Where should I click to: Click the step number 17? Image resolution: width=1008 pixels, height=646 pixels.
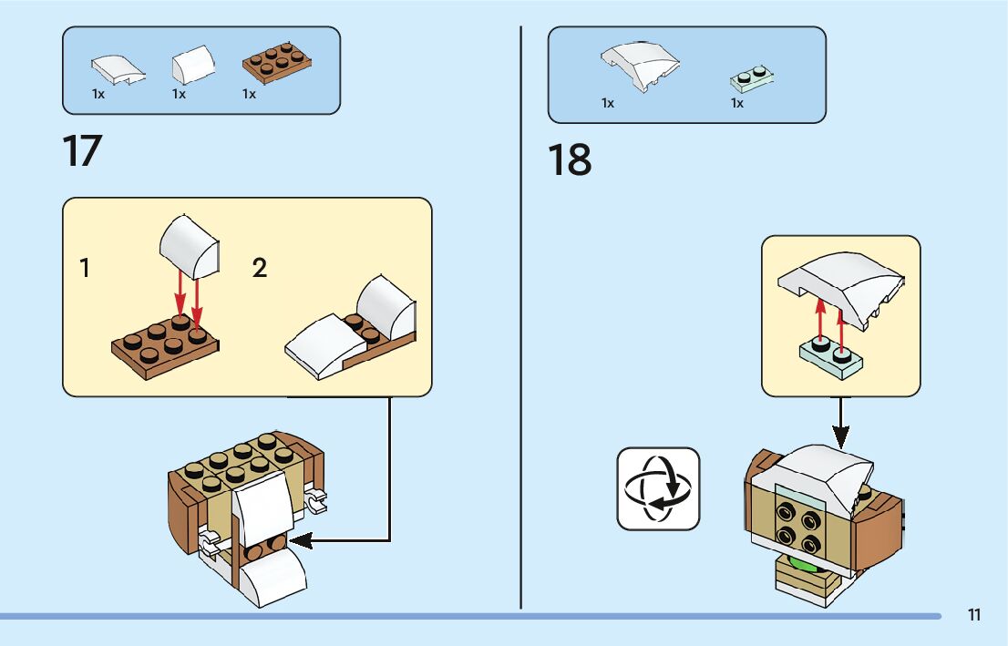[82, 150]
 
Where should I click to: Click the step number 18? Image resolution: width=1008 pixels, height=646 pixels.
[570, 159]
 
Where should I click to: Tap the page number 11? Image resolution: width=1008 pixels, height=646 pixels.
[974, 615]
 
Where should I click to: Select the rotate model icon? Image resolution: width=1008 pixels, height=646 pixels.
[658, 488]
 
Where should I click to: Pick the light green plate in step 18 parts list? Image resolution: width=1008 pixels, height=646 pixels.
[752, 77]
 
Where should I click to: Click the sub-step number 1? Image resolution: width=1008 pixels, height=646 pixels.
[85, 269]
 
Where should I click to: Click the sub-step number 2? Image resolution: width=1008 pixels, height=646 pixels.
[260, 269]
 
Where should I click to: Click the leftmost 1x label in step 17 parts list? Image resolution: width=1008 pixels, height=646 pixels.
[98, 94]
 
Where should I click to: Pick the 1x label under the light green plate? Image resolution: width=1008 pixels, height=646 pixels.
[737, 104]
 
